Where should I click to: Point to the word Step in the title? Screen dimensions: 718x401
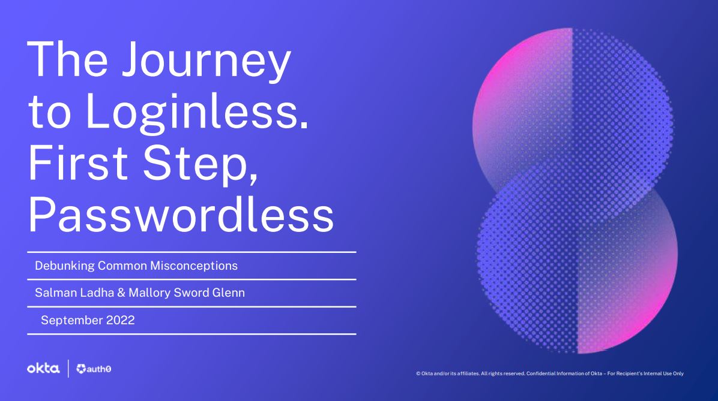(x=200, y=165)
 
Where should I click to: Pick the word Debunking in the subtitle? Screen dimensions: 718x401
(x=65, y=266)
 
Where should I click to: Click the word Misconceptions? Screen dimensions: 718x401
(x=194, y=266)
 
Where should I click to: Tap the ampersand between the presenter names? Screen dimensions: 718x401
(x=121, y=293)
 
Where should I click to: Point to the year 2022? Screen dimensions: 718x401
(x=121, y=320)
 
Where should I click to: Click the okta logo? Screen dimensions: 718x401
(x=43, y=369)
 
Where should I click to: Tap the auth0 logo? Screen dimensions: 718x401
(x=94, y=369)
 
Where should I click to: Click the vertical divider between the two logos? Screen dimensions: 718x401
(x=68, y=369)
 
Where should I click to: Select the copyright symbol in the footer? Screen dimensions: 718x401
(x=418, y=373)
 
